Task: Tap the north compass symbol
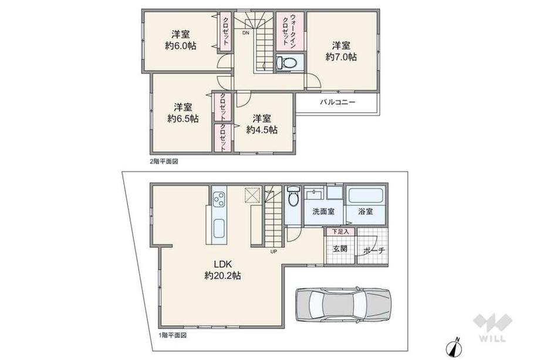(454, 347)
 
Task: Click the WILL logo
(492, 328)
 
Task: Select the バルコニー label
(337, 102)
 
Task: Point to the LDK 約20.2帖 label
(222, 270)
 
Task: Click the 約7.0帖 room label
(341, 51)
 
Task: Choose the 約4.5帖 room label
(262, 125)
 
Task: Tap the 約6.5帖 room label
(183, 113)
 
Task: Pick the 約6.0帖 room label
(180, 40)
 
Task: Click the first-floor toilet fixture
(293, 196)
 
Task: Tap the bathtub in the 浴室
(366, 196)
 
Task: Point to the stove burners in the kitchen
(219, 198)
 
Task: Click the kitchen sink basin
(219, 228)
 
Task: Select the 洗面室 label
(323, 211)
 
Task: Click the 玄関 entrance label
(340, 249)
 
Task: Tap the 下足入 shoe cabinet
(340, 231)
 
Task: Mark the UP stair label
(274, 251)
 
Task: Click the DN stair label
(245, 33)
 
